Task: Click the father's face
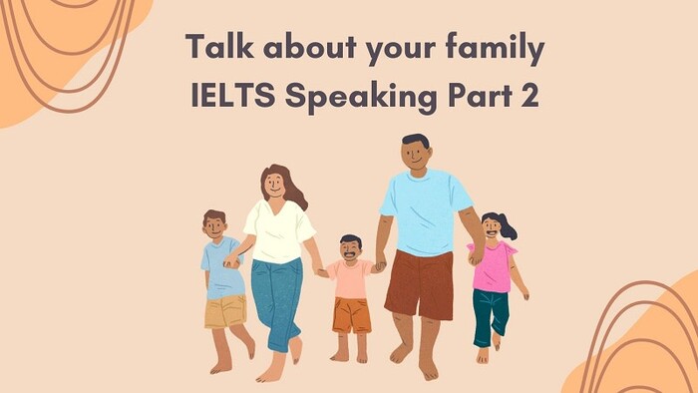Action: (x=416, y=154)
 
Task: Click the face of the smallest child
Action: (x=350, y=249)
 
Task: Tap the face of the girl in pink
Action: (x=492, y=228)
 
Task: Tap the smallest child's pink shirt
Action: (x=350, y=279)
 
